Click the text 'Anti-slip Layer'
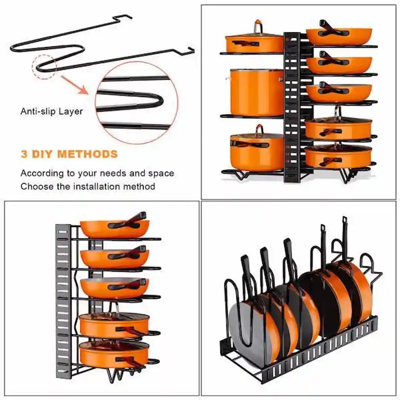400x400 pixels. [x=51, y=111]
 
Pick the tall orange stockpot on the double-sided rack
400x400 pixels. [x=256, y=93]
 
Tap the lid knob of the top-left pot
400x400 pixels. [x=258, y=27]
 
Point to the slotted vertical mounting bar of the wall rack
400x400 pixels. [x=63, y=300]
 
